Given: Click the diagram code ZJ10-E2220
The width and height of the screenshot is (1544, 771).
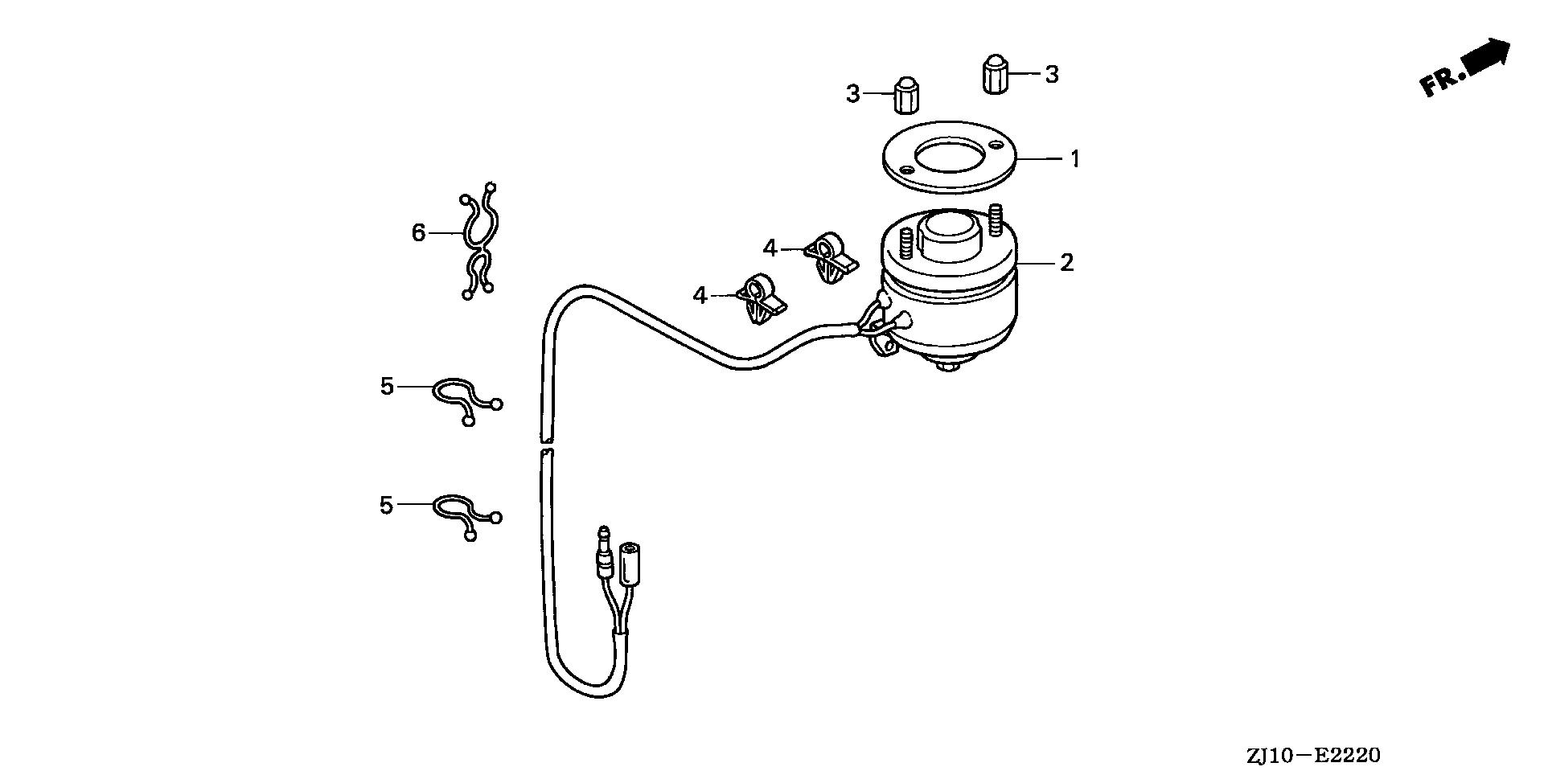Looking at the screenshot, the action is [x=1313, y=757].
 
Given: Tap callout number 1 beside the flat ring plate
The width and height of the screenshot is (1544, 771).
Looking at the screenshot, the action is [x=1074, y=158].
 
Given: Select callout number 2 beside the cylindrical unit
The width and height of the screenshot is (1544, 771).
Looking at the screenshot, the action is [x=1066, y=262].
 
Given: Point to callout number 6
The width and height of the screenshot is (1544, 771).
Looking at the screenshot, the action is [x=418, y=233].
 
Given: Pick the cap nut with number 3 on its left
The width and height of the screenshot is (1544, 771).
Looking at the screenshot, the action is [x=906, y=95].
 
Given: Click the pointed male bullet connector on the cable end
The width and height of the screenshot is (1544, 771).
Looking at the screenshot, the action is [x=603, y=555].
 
